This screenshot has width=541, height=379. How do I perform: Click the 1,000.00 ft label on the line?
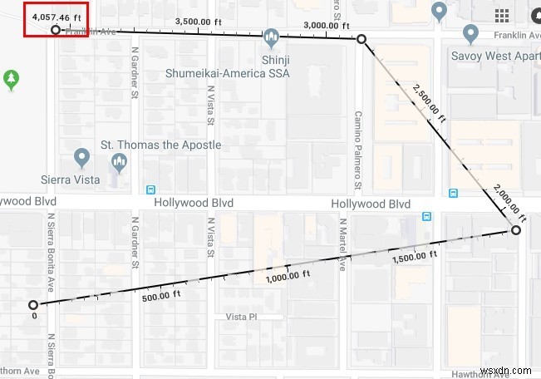(288, 275)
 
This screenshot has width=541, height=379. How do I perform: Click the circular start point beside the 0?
(33, 305)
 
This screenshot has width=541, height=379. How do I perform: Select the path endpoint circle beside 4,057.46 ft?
(56, 30)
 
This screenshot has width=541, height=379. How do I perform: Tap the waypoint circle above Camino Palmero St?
(361, 39)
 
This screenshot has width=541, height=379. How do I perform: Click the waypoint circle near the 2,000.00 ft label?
(515, 230)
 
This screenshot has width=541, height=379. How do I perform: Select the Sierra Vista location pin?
(81, 157)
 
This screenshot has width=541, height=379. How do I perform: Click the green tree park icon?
(11, 79)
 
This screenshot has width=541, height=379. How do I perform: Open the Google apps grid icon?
(502, 16)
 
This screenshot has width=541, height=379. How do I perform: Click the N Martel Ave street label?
(342, 245)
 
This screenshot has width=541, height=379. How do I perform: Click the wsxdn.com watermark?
(509, 367)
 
